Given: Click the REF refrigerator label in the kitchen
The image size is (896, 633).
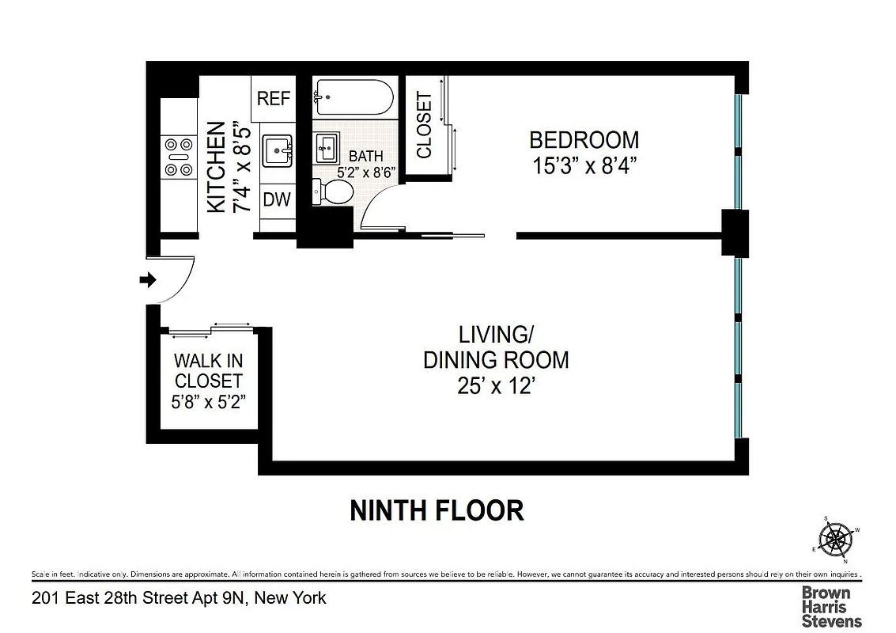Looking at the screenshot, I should click(274, 99).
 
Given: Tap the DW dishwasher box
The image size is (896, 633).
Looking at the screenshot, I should click(277, 199).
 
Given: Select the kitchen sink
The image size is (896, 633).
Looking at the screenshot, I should click(278, 149).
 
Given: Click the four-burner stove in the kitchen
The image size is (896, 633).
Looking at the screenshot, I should click(178, 157).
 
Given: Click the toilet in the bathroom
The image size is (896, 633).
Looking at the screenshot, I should click(333, 191).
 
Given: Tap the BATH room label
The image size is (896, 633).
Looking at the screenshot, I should click(366, 157).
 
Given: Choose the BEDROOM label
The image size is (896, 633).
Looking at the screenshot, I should click(584, 140).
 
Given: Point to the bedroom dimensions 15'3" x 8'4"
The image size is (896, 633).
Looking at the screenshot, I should click(584, 167).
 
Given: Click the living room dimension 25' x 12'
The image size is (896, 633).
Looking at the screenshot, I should click(496, 387).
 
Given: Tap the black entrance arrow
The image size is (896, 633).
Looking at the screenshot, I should click(148, 279).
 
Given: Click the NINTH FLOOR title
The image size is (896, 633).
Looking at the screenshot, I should click(437, 510).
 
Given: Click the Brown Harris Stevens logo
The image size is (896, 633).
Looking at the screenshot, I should click(831, 606).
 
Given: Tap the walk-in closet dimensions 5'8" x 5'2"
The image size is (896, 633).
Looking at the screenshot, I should click(209, 401).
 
